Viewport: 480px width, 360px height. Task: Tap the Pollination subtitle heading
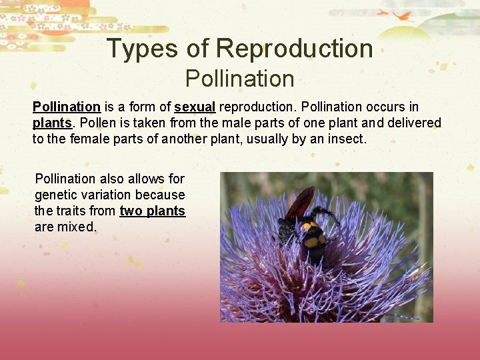239,79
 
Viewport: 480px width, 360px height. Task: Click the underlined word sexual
195,107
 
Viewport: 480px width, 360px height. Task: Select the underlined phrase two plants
152,211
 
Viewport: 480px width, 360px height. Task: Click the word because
160,195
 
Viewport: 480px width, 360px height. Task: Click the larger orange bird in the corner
403,15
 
